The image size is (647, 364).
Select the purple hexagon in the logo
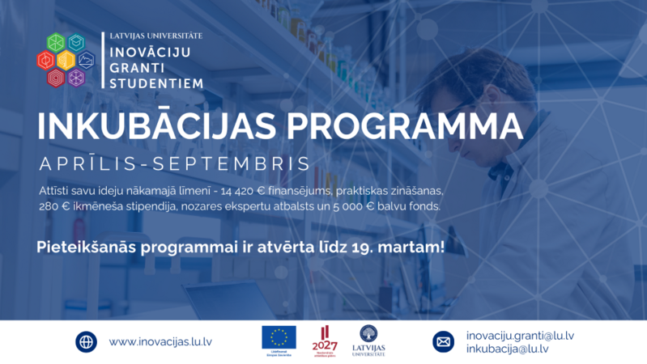(x=76, y=78)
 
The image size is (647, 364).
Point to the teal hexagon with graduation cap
(x=76, y=42)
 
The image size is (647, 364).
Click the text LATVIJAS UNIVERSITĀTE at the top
(x=156, y=36)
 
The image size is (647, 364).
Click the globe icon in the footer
(x=87, y=342)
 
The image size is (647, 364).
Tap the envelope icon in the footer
(x=444, y=342)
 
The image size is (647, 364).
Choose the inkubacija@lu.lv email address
(x=507, y=349)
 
